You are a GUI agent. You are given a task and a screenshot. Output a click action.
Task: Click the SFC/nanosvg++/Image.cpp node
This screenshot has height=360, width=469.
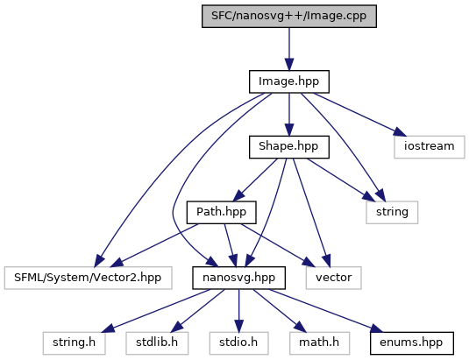pyautogui.click(x=289, y=16)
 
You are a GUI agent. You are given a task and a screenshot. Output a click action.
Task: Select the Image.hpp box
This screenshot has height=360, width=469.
pyautogui.click(x=289, y=81)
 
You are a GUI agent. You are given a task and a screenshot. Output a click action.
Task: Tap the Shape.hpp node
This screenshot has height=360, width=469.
pyautogui.click(x=289, y=147)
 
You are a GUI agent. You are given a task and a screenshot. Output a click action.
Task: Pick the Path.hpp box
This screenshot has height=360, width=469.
pyautogui.click(x=221, y=213)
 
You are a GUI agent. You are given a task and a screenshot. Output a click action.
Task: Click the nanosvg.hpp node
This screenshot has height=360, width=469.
pyautogui.click(x=239, y=278)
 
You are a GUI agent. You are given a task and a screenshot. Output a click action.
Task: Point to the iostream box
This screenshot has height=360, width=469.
pyautogui.click(x=430, y=147)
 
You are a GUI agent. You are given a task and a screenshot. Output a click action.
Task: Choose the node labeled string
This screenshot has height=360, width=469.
pyautogui.click(x=392, y=213)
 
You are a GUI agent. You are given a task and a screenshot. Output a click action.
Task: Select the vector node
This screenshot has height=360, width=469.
pyautogui.click(x=334, y=278)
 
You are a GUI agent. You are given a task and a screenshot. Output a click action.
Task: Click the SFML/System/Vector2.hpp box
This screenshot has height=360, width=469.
pyautogui.click(x=88, y=278)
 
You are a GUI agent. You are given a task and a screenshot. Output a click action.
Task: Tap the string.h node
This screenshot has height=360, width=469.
pyautogui.click(x=75, y=343)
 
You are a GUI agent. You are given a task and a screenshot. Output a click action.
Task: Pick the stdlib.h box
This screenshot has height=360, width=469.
pyautogui.click(x=157, y=343)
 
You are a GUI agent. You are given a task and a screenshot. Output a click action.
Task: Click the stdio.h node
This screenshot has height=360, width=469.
pyautogui.click(x=238, y=343)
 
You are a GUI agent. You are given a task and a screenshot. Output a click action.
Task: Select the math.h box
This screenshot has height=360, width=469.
pyautogui.click(x=319, y=343)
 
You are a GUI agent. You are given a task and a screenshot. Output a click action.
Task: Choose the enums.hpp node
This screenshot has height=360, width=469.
pyautogui.click(x=412, y=343)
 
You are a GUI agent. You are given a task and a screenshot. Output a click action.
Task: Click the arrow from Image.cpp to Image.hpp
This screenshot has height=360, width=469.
pyautogui.click(x=289, y=49)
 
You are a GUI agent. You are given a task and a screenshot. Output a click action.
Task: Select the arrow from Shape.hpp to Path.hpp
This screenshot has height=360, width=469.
pyautogui.click(x=255, y=180)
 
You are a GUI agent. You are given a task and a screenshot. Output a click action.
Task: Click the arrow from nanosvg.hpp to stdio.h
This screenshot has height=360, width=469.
pyautogui.click(x=239, y=311)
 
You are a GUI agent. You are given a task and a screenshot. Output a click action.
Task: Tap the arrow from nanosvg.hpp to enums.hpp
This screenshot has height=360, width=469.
pyautogui.click(x=326, y=311)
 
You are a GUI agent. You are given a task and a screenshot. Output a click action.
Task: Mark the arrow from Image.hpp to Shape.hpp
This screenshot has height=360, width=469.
pyautogui.click(x=289, y=115)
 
